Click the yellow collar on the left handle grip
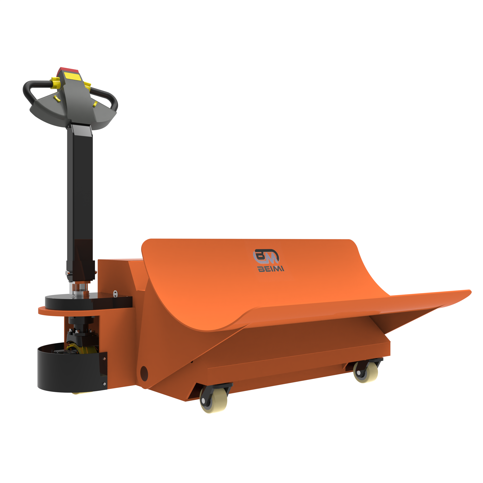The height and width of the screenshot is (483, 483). pos(55,83)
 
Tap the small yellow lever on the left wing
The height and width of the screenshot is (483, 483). pos(57,99)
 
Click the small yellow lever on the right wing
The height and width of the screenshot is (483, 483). pos(95,104)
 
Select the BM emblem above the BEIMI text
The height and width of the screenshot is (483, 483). pos(266,257)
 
